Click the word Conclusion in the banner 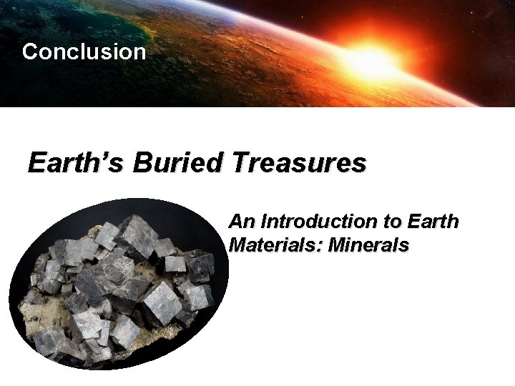pyautogui.click(x=84, y=52)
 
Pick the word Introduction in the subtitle pyautogui.click(x=310, y=222)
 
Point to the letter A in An pyautogui.click(x=235, y=222)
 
